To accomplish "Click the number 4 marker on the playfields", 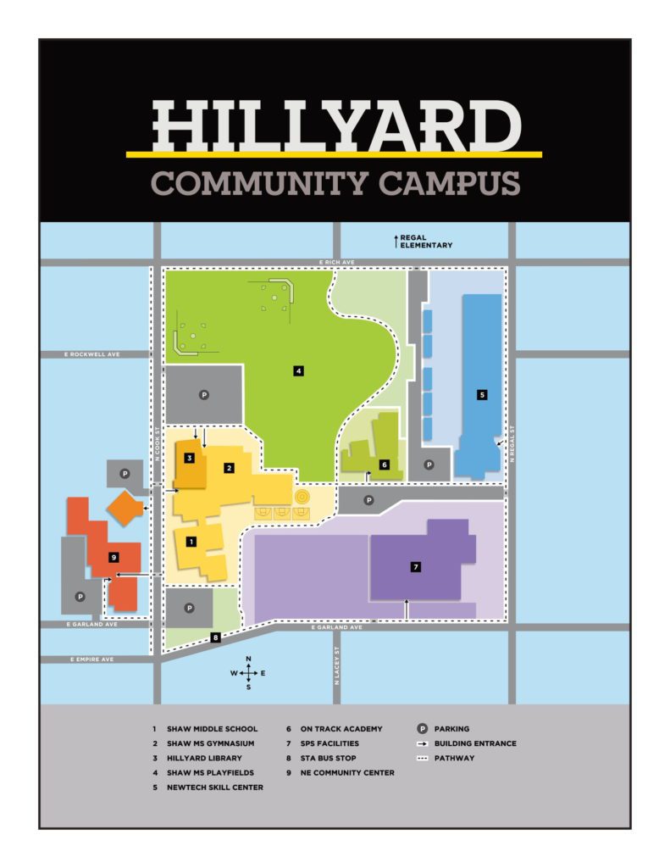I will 298,370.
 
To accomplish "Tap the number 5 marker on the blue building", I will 482,394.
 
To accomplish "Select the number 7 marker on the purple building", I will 416,567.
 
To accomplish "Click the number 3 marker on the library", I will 190,459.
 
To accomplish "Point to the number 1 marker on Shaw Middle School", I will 191,541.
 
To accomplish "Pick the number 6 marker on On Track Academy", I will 384,465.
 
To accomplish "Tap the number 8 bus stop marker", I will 216,637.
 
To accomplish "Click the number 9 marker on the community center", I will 113,557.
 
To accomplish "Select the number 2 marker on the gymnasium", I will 228,467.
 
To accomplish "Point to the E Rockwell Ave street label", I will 93,354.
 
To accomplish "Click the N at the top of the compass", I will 248,659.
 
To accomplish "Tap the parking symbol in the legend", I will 421,729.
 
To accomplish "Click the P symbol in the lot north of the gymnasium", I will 203,394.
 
